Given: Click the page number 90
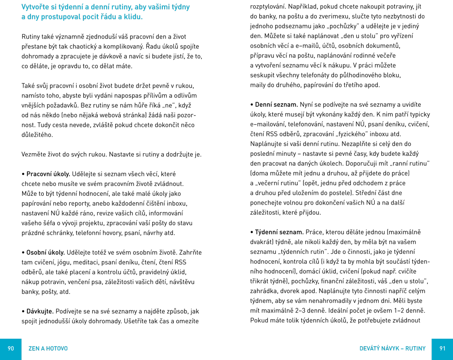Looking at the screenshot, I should [11, 348].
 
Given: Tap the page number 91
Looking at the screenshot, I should [442, 348].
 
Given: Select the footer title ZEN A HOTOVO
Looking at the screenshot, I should [48, 348].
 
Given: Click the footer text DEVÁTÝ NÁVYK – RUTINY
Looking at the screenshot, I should [392, 348].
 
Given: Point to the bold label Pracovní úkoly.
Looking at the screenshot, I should [48, 174].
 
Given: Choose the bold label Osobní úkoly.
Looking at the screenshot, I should [46, 252].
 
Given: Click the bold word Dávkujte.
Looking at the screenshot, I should [40, 311].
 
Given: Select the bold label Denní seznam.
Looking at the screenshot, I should [276, 105].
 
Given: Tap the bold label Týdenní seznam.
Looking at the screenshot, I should [280, 232].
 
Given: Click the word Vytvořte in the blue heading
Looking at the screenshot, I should [37, 7].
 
